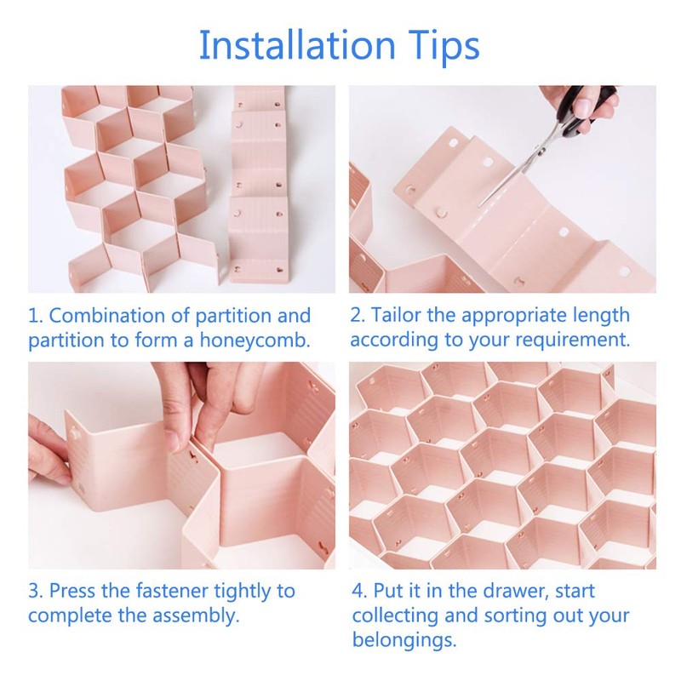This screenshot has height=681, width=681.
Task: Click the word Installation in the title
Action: [295, 45]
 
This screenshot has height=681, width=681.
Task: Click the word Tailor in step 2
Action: [396, 315]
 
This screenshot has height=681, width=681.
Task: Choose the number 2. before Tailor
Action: [358, 315]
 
